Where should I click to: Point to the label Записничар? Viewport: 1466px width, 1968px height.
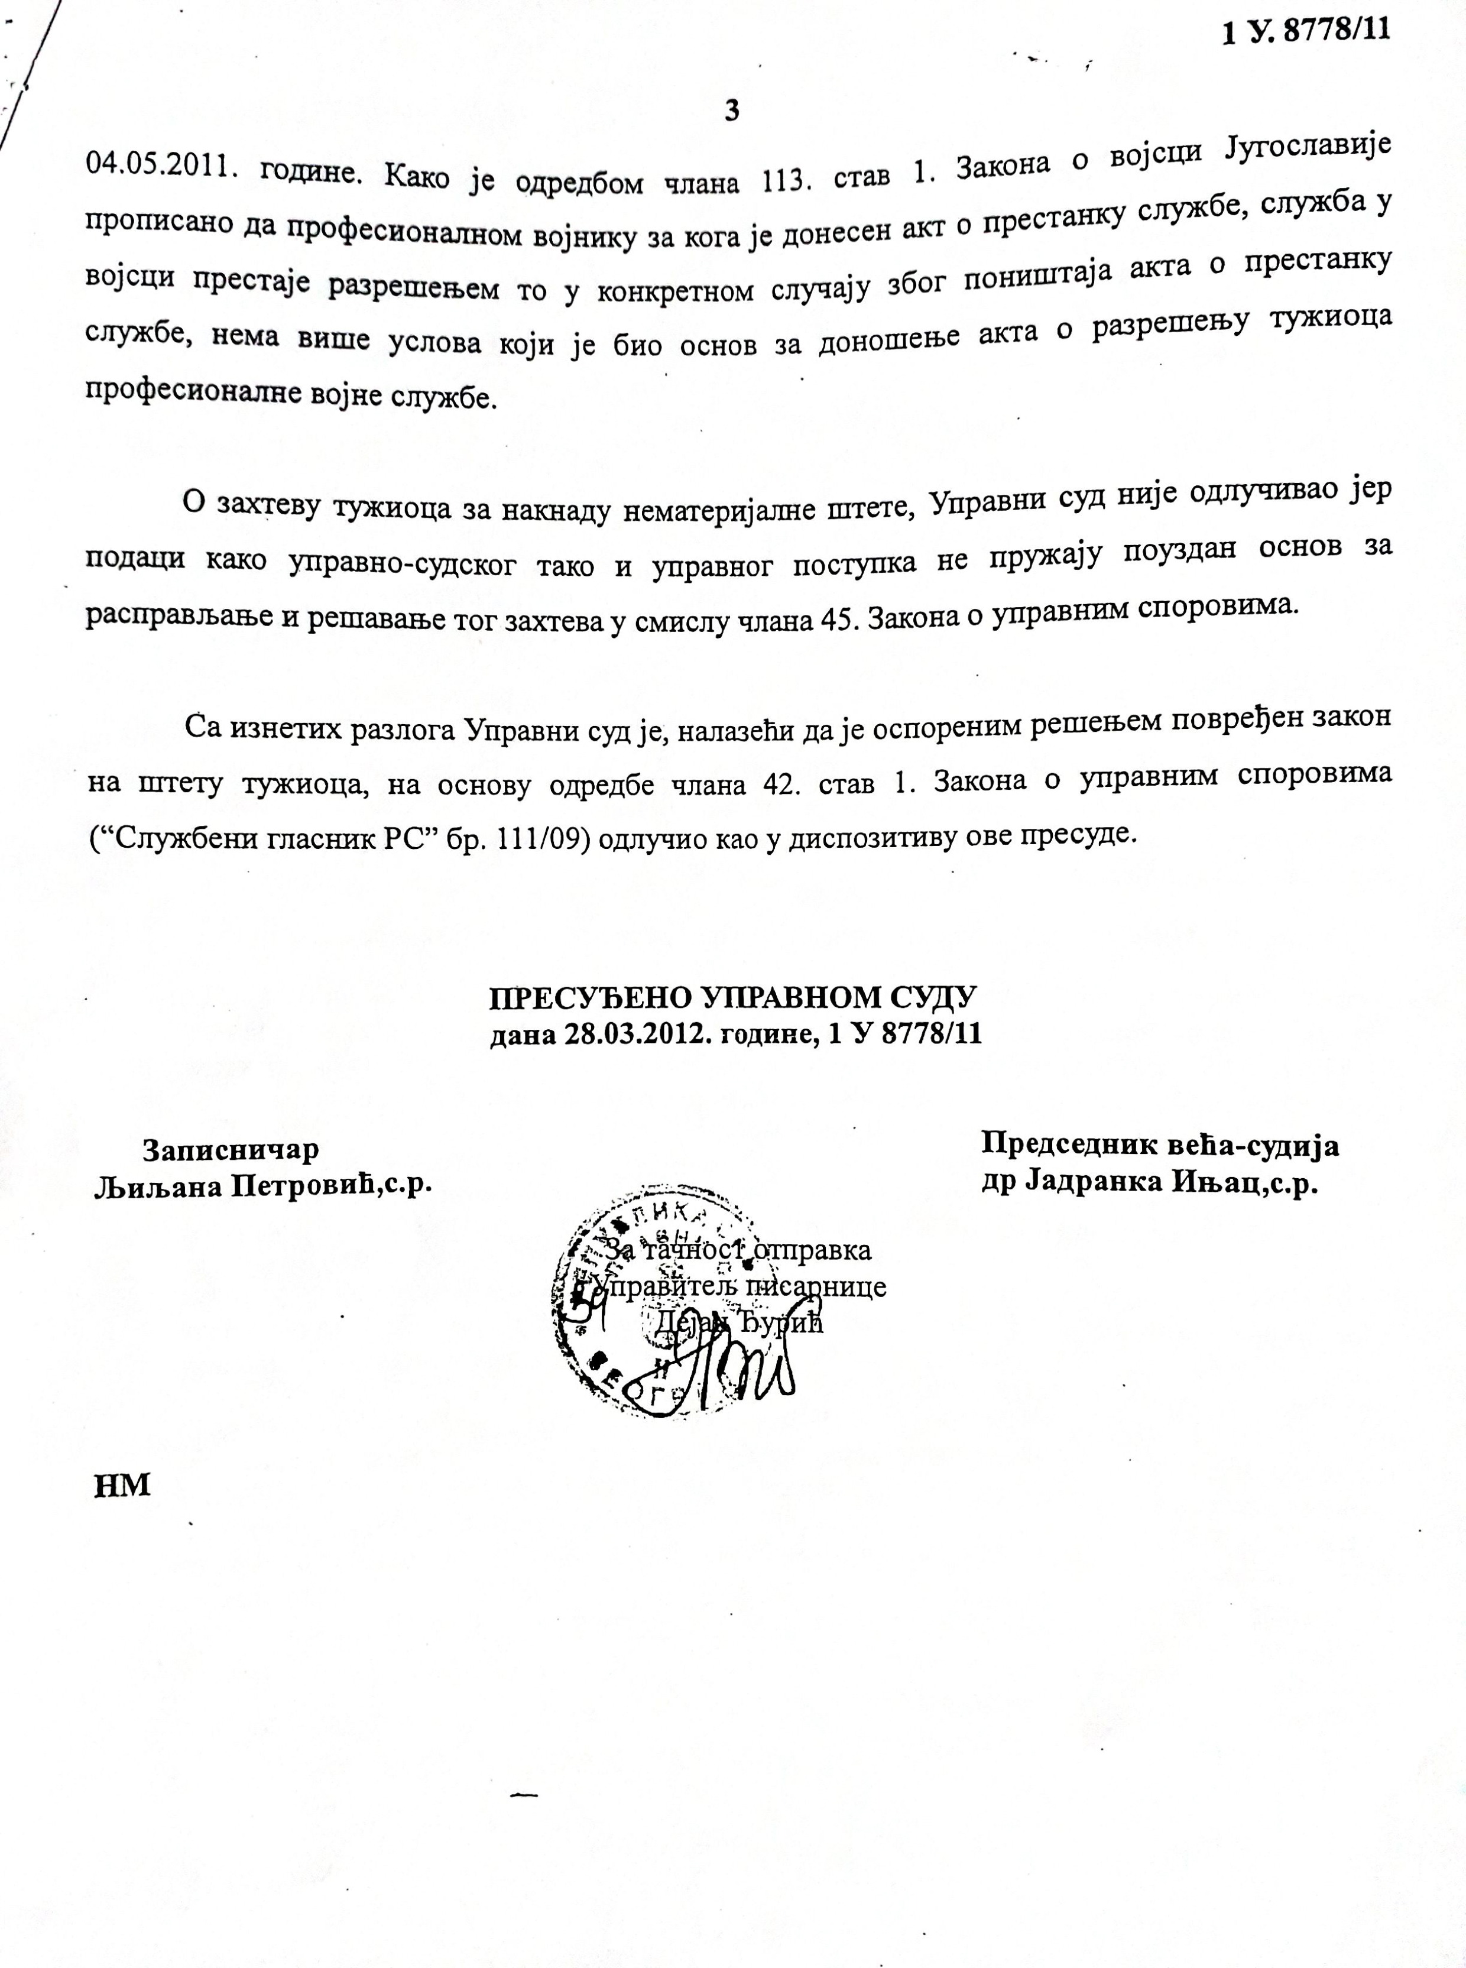coord(231,1150)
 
